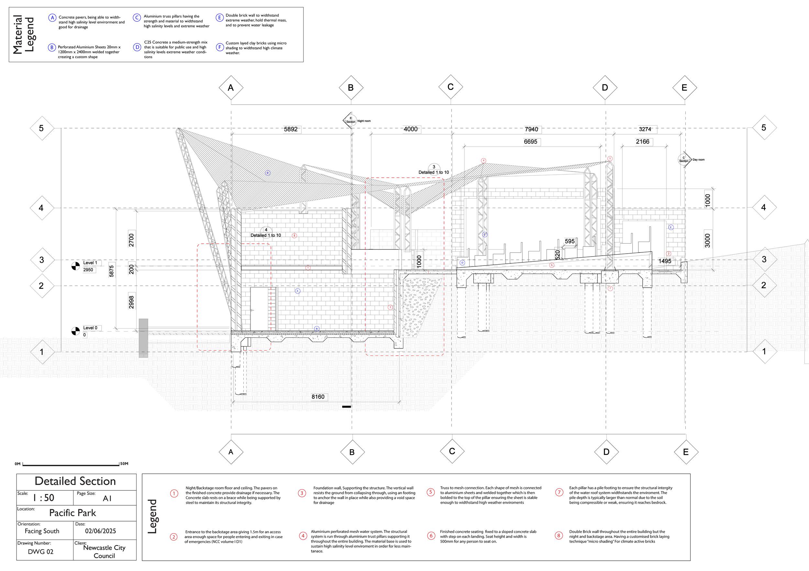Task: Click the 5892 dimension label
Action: point(291,129)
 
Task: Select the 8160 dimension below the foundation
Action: point(318,397)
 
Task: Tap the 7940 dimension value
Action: point(531,129)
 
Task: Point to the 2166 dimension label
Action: point(642,142)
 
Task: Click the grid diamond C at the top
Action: point(451,87)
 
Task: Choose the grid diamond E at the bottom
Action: point(686,452)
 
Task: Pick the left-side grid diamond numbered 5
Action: point(41,128)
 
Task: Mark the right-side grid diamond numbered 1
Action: point(764,351)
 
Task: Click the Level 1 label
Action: point(90,263)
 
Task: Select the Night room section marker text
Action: point(364,121)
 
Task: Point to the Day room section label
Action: point(698,159)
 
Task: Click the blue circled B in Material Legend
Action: point(52,47)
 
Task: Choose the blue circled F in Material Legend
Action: point(220,47)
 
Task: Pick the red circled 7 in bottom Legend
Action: point(559,492)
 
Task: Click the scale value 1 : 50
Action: point(44,498)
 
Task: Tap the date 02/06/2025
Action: point(100,531)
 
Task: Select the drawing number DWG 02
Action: point(41,552)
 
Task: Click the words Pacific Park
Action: point(72,513)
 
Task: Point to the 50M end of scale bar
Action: point(124,464)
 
